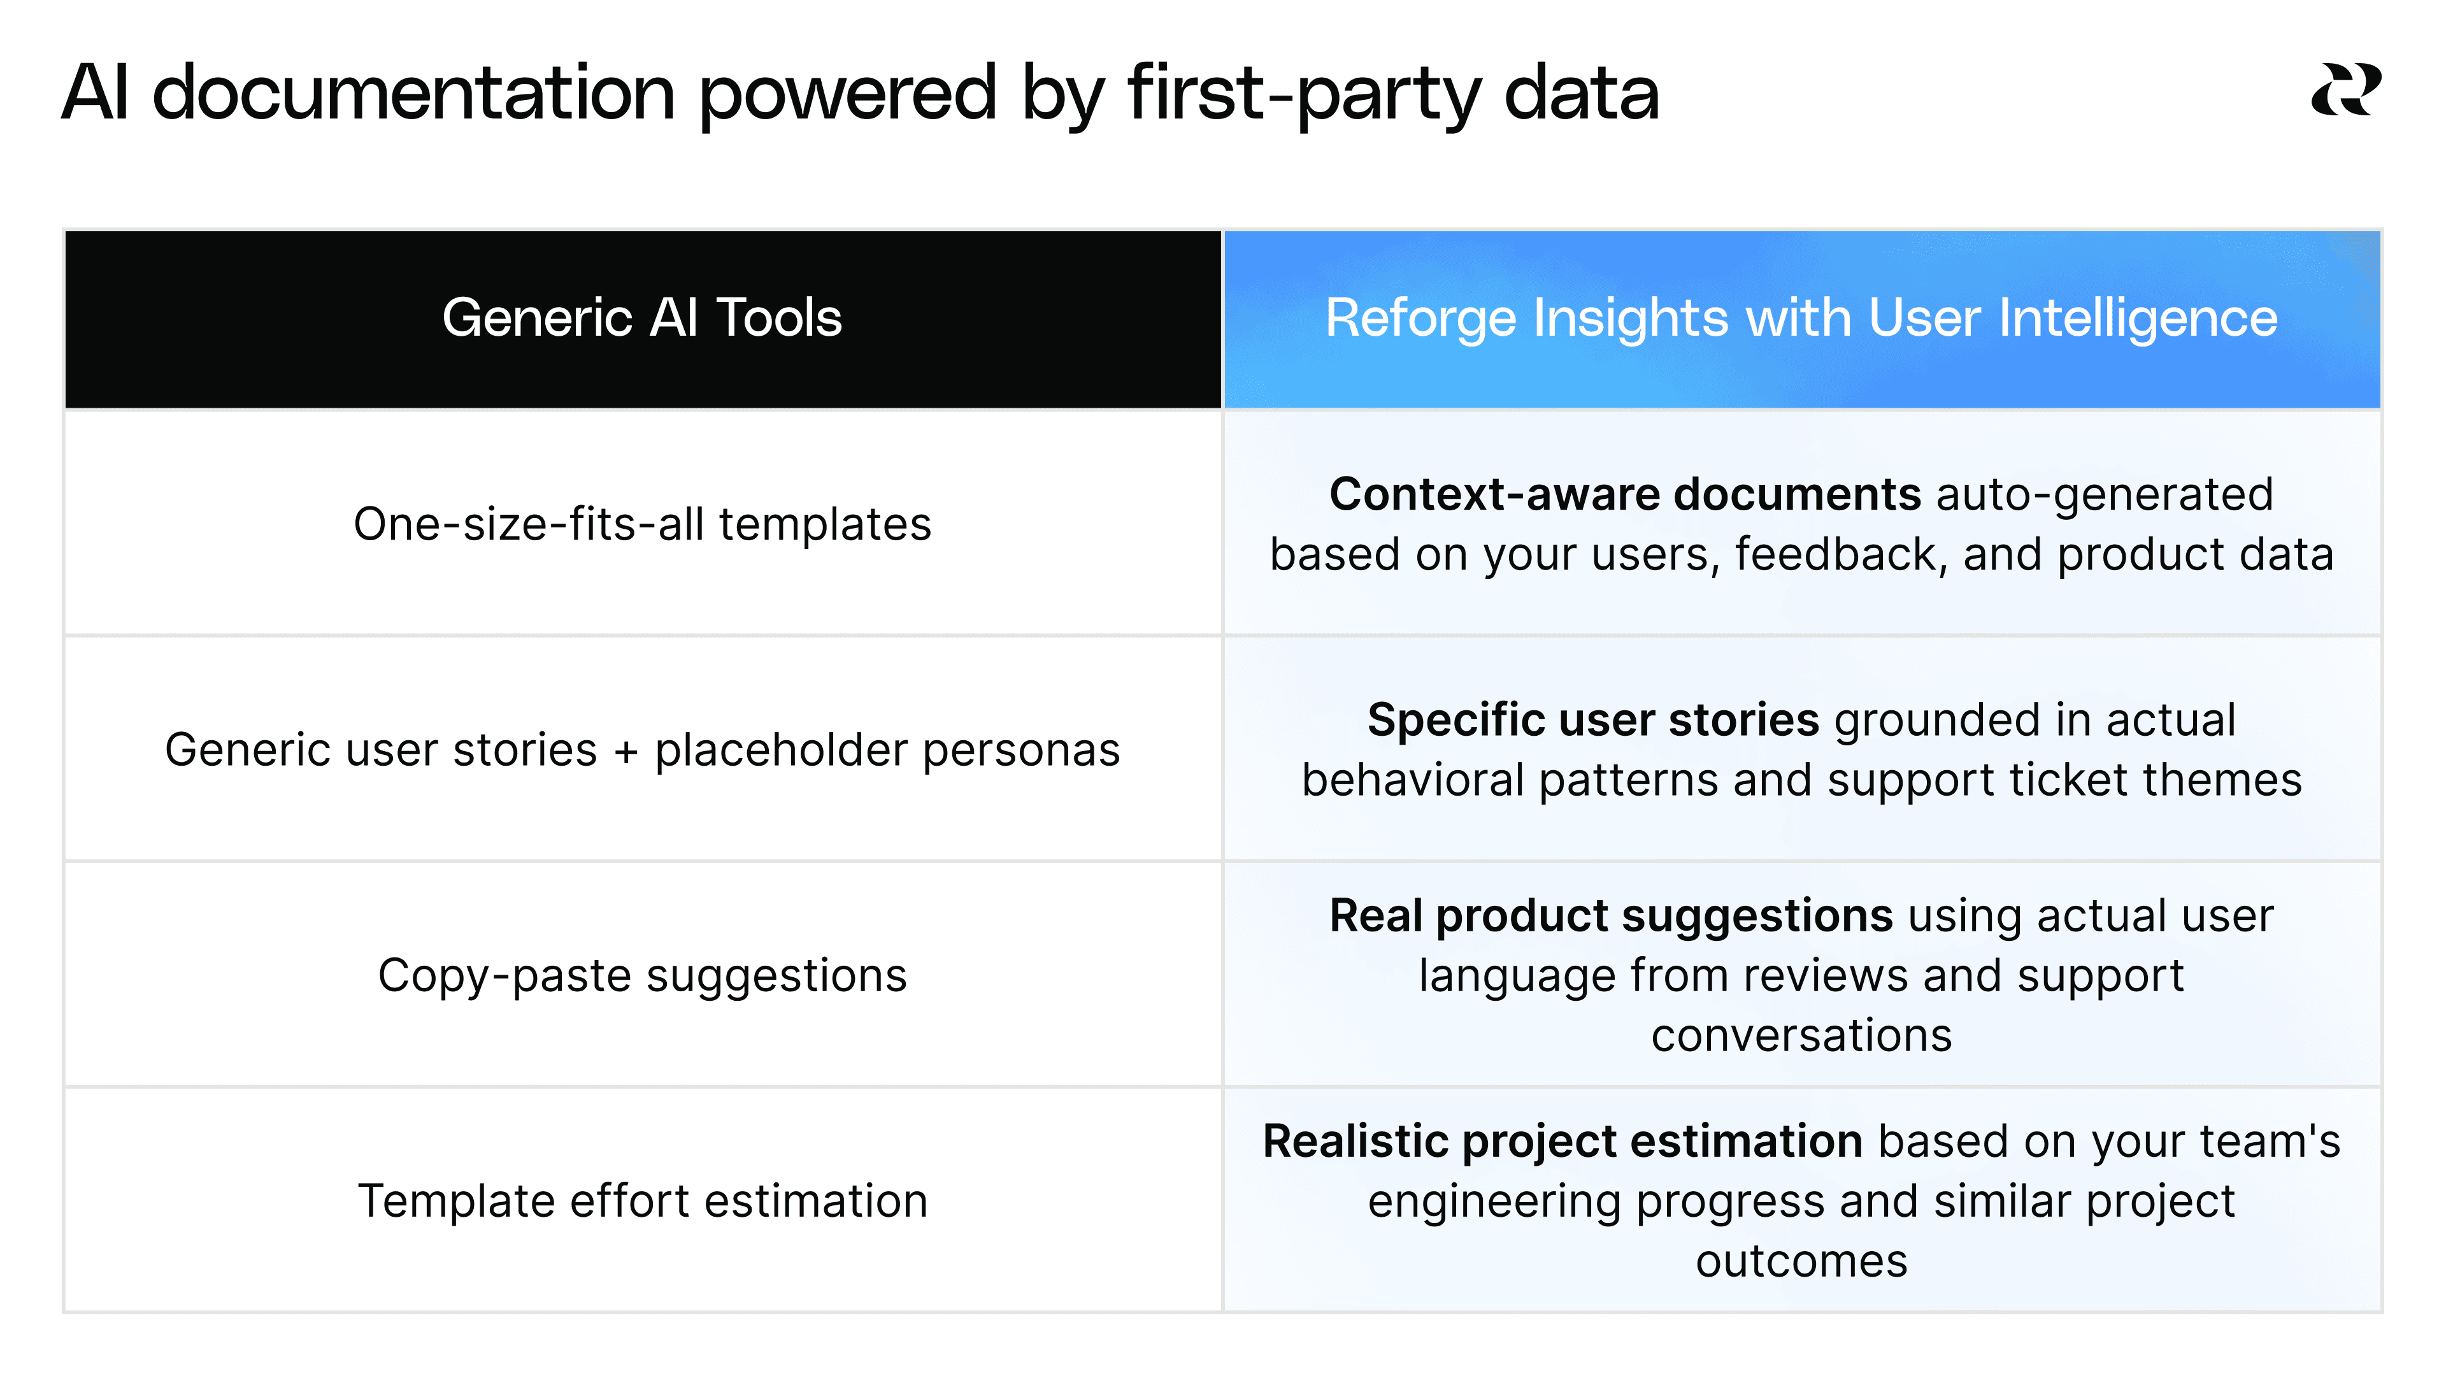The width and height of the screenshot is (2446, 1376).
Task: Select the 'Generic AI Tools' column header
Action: pyautogui.click(x=642, y=317)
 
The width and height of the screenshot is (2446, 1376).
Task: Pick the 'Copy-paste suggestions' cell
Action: pyautogui.click(x=642, y=975)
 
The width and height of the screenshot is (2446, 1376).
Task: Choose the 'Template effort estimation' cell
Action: pyautogui.click(x=642, y=1200)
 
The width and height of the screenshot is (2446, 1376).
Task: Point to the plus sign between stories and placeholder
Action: pyautogui.click(x=626, y=751)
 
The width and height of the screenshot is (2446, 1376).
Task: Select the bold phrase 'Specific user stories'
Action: pyautogui.click(x=1592, y=720)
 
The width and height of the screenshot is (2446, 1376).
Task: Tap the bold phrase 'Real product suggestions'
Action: pyautogui.click(x=1610, y=917)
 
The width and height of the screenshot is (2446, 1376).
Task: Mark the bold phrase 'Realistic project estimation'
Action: pyautogui.click(x=1562, y=1142)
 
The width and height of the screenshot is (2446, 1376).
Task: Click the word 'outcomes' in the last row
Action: pyautogui.click(x=1801, y=1261)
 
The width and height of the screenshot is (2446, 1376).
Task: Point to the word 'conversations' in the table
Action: pyautogui.click(x=1801, y=1035)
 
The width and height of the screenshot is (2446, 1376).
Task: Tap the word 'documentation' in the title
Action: pyautogui.click(x=413, y=93)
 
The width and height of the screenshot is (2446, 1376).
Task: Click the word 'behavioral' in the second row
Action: pyautogui.click(x=1414, y=780)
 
